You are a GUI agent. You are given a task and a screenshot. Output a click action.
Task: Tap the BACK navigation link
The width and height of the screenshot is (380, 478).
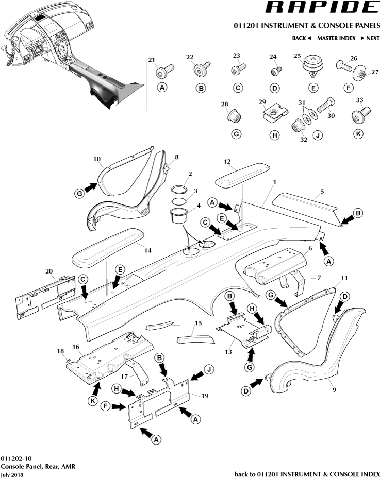302,38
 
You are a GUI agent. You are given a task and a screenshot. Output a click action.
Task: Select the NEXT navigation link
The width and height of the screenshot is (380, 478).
370,38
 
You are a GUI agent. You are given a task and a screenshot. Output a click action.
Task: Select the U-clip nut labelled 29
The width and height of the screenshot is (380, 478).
274,111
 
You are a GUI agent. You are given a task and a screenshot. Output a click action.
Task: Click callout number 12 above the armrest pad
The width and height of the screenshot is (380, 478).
227,162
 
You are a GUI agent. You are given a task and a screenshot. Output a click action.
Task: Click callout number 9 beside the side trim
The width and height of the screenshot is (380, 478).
334,390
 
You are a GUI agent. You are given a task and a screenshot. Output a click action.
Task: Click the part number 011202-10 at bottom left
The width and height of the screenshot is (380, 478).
16,458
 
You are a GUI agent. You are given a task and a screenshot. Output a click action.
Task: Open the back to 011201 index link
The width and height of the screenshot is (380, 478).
307,474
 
